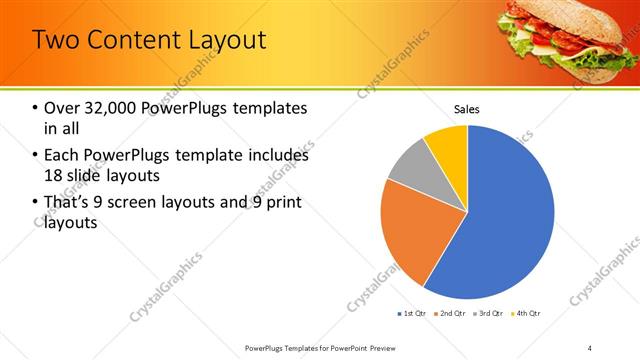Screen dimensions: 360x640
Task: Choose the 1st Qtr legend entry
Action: [413, 314]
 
